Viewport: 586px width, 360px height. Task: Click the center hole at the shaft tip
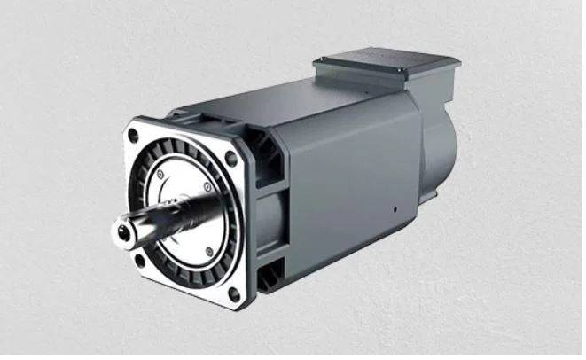click(x=121, y=231)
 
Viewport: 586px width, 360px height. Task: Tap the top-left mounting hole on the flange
click(x=133, y=137)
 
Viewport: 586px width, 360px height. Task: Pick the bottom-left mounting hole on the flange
click(x=139, y=260)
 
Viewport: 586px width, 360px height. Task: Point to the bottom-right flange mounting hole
click(x=233, y=293)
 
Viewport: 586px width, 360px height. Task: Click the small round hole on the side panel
click(x=395, y=212)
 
